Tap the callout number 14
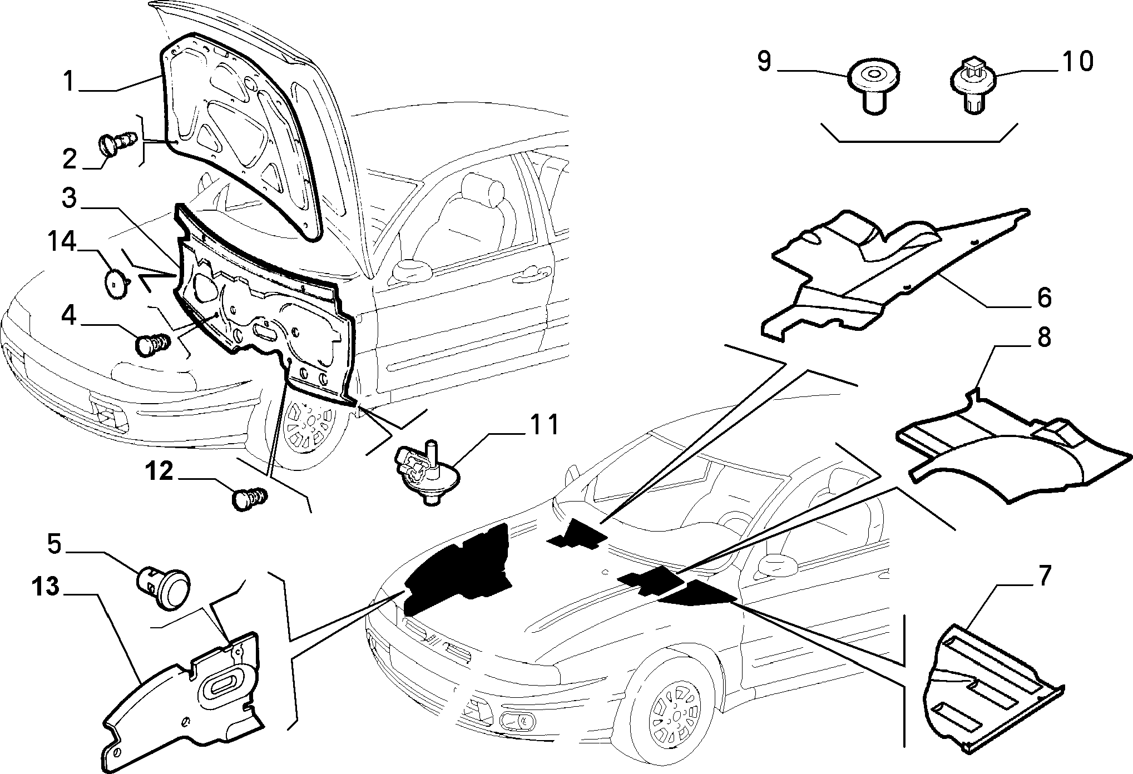61,243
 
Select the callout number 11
542,425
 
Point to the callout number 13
45,587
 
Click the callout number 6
1045,297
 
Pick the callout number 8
1044,337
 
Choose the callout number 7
1044,575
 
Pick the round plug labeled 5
164,587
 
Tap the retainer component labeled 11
426,470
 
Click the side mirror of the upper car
412,271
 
